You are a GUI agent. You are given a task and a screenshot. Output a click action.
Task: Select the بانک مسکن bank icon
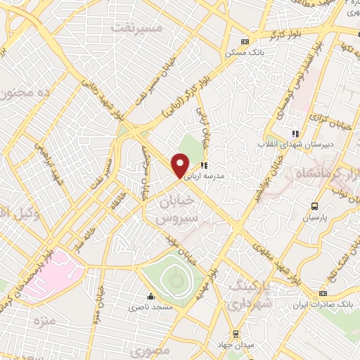(x=244, y=41)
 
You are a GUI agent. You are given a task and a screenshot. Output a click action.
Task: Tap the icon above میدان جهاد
(x=234, y=333)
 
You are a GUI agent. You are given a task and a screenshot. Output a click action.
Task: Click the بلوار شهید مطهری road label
(x=278, y=261)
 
